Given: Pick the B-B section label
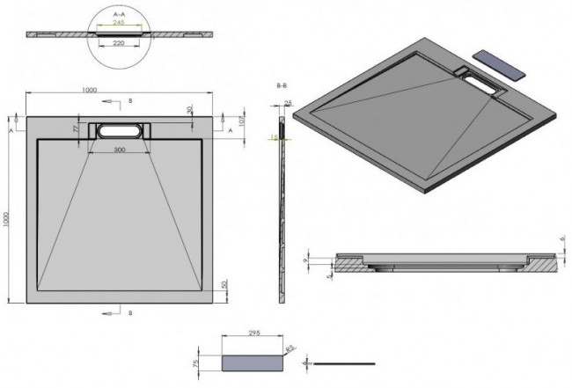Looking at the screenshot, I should (x=282, y=84).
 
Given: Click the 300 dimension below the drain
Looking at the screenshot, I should (x=119, y=150).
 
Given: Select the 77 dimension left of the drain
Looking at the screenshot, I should (x=77, y=128).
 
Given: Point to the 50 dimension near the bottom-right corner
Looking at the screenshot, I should (x=225, y=283).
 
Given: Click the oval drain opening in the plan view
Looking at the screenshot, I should (x=119, y=129).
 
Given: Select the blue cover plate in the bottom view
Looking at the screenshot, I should (x=249, y=362).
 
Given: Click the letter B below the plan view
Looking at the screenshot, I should (x=129, y=312).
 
